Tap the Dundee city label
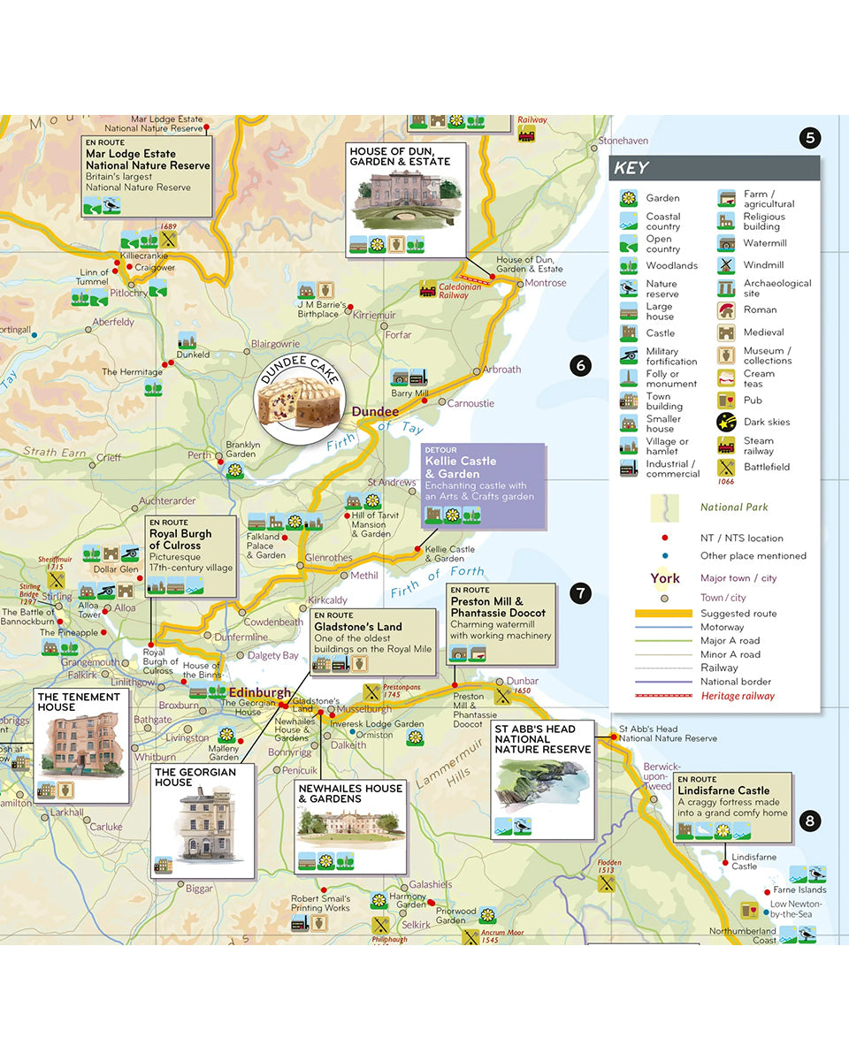[x=375, y=412]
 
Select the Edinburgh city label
[x=259, y=692]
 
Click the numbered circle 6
[x=580, y=365]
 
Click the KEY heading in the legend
[x=631, y=169]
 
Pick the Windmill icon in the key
[x=727, y=265]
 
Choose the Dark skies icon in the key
[x=727, y=422]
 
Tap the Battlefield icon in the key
[x=727, y=467]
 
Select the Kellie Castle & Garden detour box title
[x=460, y=468]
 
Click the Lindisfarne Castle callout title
[x=723, y=790]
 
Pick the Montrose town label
[x=546, y=283]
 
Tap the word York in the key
[x=665, y=578]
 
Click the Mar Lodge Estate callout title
[x=148, y=159]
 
